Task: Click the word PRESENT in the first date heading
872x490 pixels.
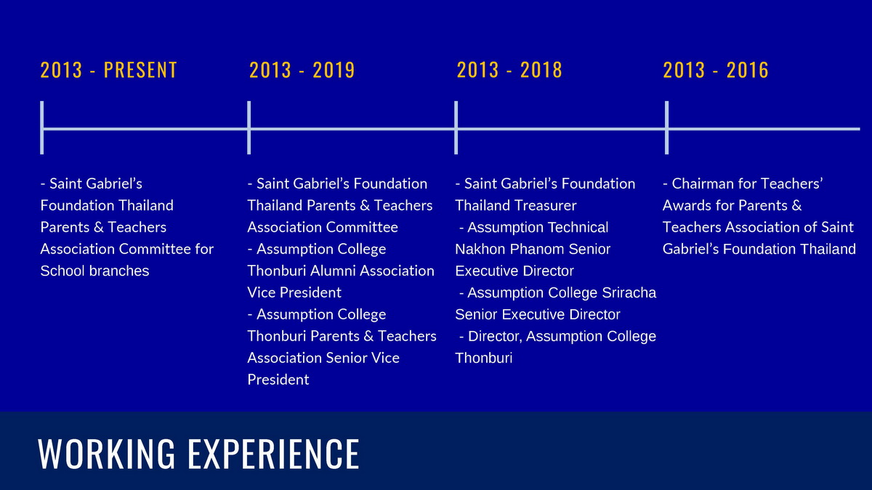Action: pos(140,70)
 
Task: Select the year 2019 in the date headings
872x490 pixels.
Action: pos(334,70)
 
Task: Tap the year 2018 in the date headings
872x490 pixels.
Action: pos(541,70)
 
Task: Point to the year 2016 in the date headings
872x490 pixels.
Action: pos(748,70)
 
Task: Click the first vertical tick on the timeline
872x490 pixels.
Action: pos(41,128)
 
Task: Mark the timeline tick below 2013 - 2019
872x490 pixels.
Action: pos(249,128)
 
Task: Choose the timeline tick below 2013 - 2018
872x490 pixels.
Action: pos(456,128)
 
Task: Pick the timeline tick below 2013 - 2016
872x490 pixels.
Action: pos(666,128)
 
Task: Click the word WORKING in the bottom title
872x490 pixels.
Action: pos(107,454)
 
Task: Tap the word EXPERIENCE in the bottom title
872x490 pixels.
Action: pos(274,454)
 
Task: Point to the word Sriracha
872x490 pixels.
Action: pos(629,293)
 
